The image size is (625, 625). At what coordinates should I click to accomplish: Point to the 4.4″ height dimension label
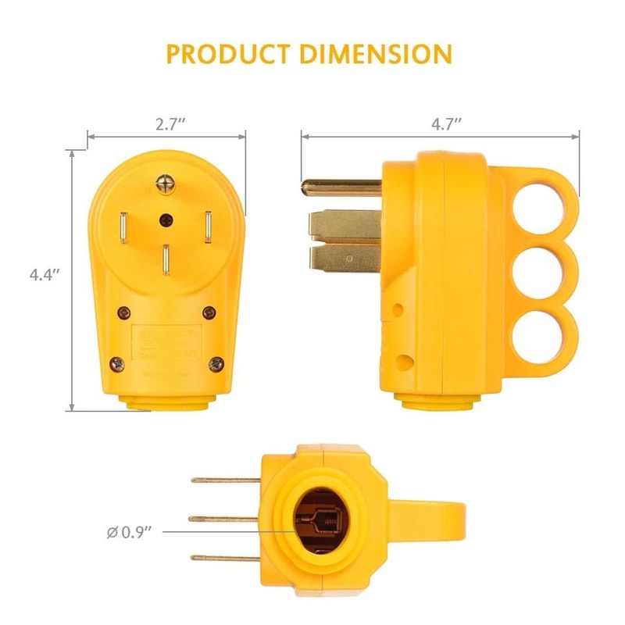[x=45, y=274]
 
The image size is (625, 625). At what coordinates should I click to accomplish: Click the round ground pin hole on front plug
[x=166, y=220]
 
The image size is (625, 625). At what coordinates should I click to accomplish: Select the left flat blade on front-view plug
[x=124, y=228]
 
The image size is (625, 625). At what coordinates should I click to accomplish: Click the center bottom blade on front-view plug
[x=167, y=262]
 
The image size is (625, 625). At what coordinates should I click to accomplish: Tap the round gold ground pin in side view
[x=340, y=187]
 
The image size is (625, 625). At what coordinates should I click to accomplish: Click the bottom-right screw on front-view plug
[x=216, y=362]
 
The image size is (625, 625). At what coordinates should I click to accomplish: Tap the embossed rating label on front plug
[x=166, y=341]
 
